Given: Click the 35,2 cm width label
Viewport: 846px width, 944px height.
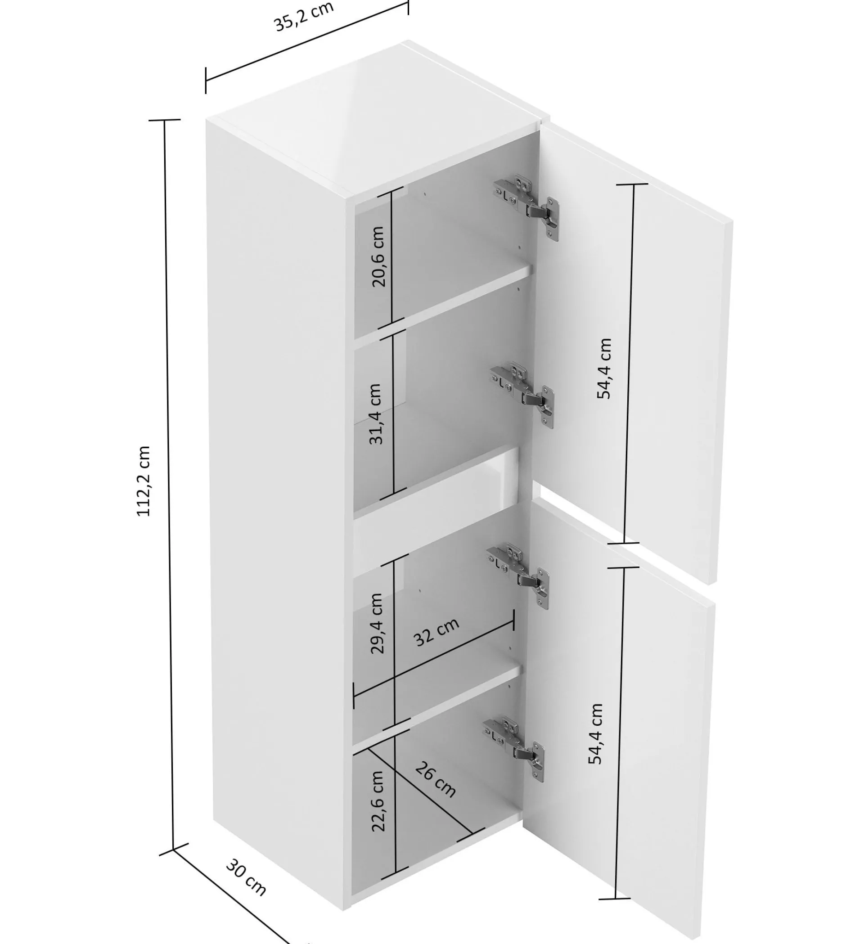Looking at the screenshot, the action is point(304,17).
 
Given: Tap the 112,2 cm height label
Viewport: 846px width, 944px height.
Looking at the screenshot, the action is point(144,481).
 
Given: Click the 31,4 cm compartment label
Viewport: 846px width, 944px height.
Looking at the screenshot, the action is point(375,414).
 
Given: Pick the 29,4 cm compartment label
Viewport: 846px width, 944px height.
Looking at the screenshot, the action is point(376,623).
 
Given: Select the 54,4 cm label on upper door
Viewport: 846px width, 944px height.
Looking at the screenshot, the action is point(604,369).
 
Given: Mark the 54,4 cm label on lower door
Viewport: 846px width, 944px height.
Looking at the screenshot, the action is point(595,734).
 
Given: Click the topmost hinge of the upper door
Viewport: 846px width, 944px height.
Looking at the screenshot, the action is point(526,207).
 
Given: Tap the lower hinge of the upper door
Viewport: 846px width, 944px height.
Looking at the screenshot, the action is point(522,395).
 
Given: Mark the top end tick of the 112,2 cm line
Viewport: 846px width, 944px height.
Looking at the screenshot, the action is point(165,120).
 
